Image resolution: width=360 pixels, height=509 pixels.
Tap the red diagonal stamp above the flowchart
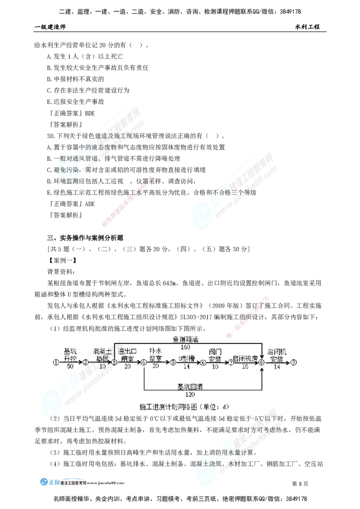[x=247, y=317]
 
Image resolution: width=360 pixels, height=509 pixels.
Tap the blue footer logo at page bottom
[x=50, y=481]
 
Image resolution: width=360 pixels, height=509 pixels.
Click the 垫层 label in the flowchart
[x=103, y=358]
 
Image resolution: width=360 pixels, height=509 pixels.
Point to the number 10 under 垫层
[x=103, y=366]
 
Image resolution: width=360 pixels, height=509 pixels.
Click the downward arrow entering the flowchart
[x=262, y=351]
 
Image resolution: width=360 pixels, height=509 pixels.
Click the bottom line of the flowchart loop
[x=202, y=389]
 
